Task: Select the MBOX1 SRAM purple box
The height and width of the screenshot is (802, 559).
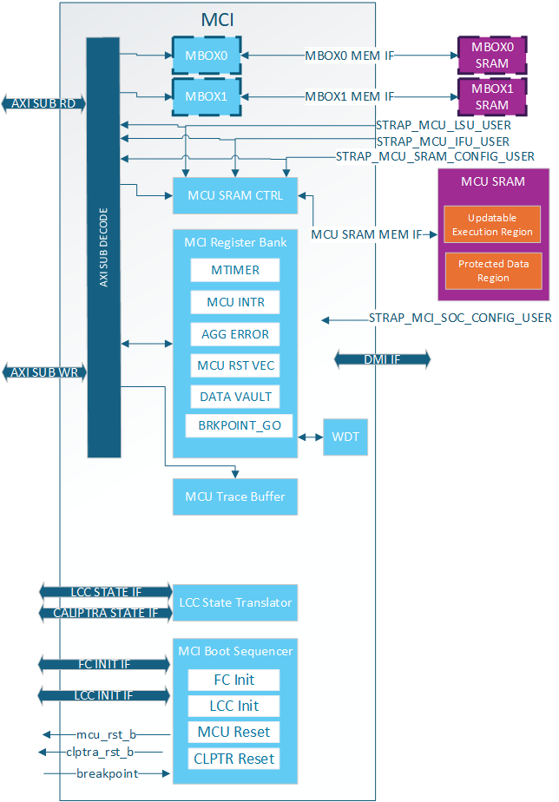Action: [x=491, y=96]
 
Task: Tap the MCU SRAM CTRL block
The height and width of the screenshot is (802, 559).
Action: [x=234, y=195]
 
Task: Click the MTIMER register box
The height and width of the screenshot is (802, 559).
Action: [x=235, y=270]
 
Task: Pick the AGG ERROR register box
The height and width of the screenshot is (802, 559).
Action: [x=235, y=334]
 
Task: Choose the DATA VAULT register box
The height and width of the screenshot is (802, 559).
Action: [x=235, y=397]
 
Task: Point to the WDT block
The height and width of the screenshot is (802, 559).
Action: [x=345, y=437]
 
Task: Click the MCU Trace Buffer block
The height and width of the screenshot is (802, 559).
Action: [x=234, y=497]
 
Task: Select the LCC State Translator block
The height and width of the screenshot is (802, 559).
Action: [x=235, y=602]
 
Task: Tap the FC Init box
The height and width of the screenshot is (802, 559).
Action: [x=234, y=680]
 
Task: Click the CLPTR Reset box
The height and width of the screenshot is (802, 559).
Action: [x=234, y=759]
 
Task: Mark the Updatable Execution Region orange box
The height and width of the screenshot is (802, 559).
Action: [x=492, y=225]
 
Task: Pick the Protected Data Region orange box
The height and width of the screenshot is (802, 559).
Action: [x=492, y=271]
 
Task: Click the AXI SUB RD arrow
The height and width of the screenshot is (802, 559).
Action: [x=44, y=103]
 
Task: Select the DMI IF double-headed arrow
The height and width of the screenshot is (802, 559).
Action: [x=383, y=359]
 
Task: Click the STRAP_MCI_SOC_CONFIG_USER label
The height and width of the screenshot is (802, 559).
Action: [x=460, y=319]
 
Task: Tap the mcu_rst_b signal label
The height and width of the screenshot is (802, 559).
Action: [x=107, y=734]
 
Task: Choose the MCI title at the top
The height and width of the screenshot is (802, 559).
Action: [x=217, y=19]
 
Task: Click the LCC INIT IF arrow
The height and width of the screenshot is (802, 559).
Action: [x=103, y=696]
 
